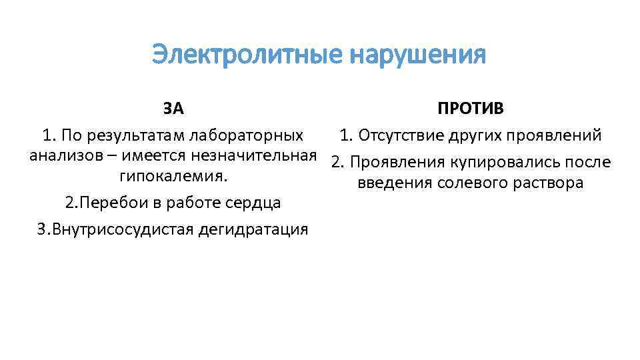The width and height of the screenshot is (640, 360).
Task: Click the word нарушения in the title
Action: coord(418,55)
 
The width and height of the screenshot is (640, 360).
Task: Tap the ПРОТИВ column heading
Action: coord(471,108)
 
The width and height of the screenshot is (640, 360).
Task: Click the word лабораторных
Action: coord(246,136)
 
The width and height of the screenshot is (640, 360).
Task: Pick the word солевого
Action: coord(469,183)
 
